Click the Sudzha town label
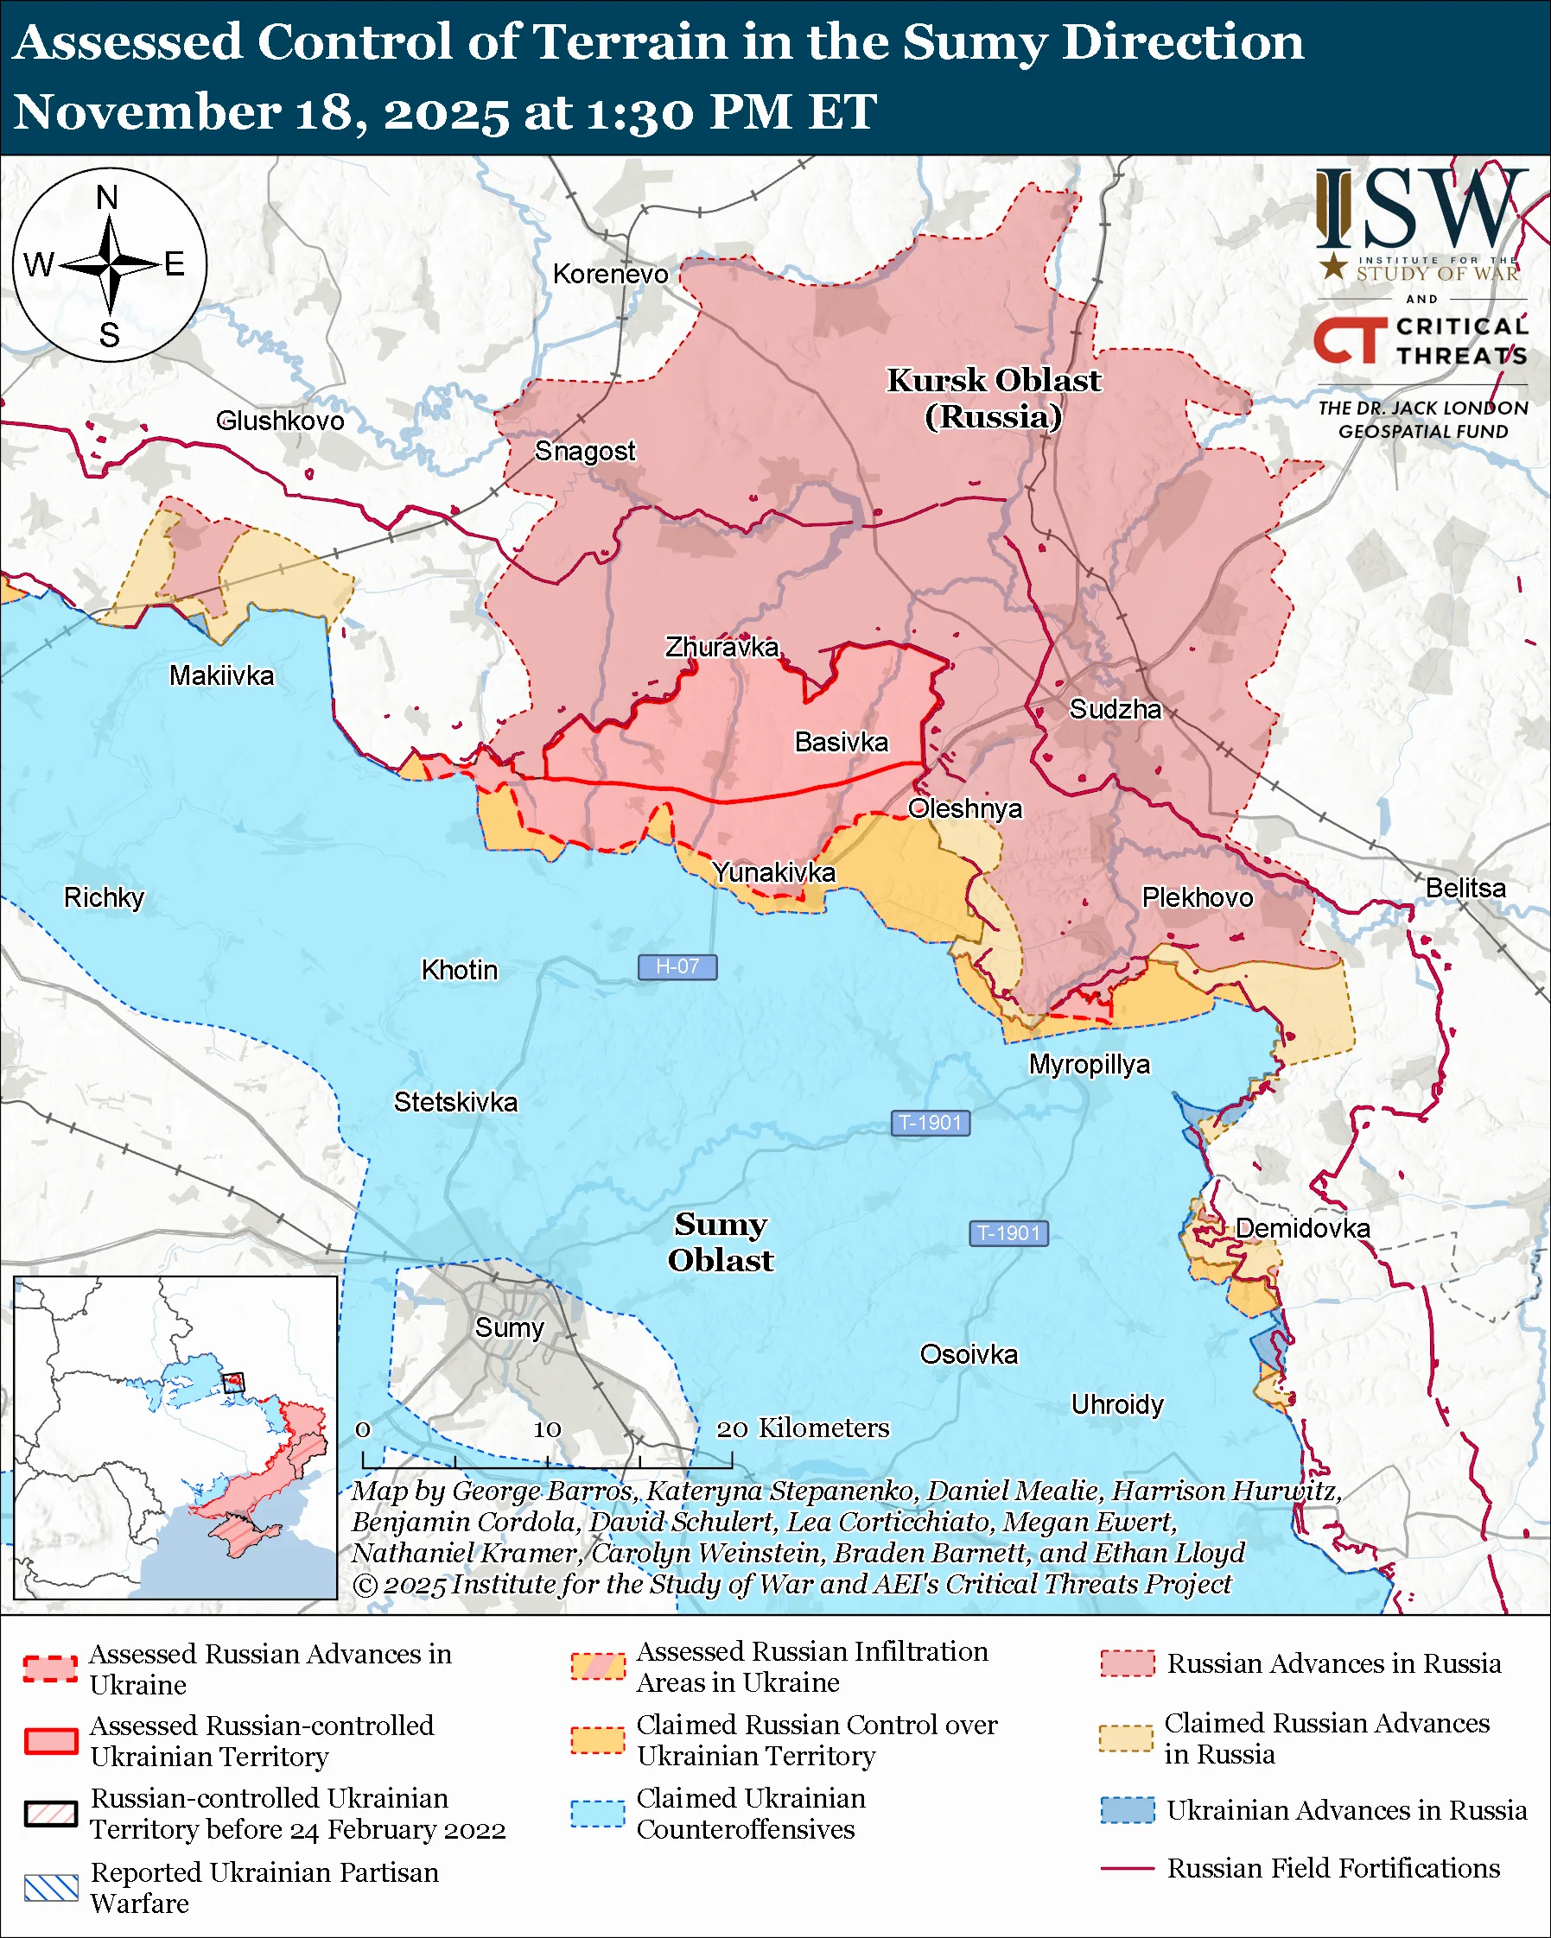pyautogui.click(x=1115, y=709)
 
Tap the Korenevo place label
pyautogui.click(x=611, y=274)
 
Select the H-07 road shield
pyautogui.click(x=677, y=966)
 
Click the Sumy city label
pyautogui.click(x=509, y=1327)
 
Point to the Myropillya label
pyautogui.click(x=1089, y=1064)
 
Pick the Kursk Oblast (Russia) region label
pyautogui.click(x=994, y=398)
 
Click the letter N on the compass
pyautogui.click(x=107, y=198)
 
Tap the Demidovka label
pyautogui.click(x=1302, y=1228)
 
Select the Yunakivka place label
pyautogui.click(x=773, y=872)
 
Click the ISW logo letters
pyautogui.click(x=1421, y=211)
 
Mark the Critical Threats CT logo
pyautogui.click(x=1349, y=339)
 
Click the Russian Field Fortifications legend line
pyautogui.click(x=1127, y=1868)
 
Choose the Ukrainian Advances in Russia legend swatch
pyautogui.click(x=1127, y=1809)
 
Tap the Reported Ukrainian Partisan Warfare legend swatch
pyautogui.click(x=51, y=1888)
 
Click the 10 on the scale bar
pyautogui.click(x=547, y=1429)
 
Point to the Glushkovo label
pyautogui.click(x=280, y=421)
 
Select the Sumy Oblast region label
pyautogui.click(x=721, y=1241)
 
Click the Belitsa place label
pyautogui.click(x=1465, y=888)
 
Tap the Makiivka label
pyautogui.click(x=221, y=675)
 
